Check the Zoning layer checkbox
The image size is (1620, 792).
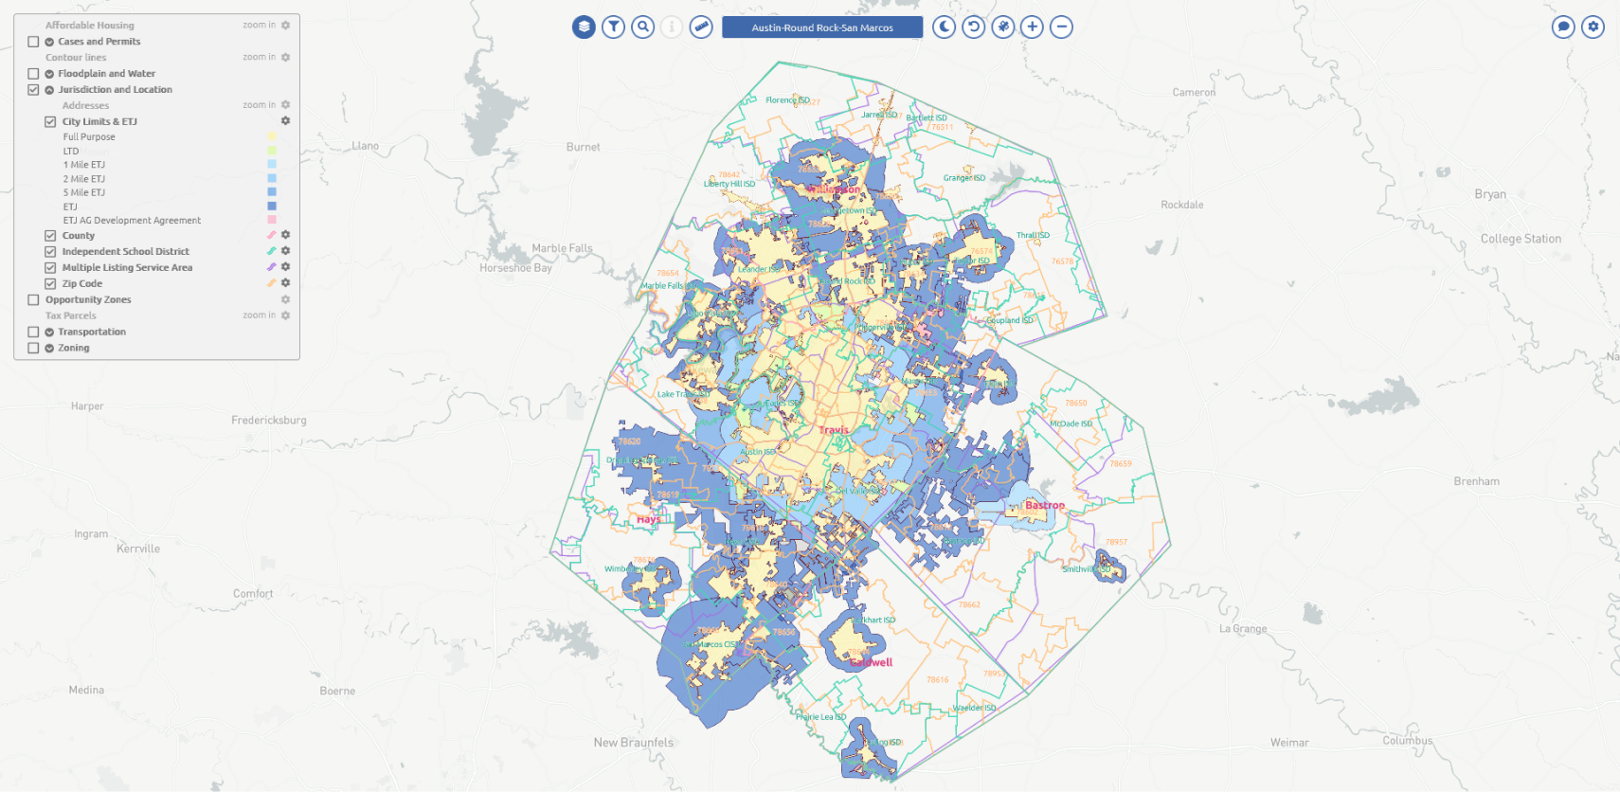[x=33, y=348]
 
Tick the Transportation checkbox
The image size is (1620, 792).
[x=33, y=332]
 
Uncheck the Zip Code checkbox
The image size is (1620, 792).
[x=50, y=283]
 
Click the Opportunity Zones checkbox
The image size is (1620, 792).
[x=33, y=299]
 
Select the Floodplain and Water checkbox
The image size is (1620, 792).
[x=33, y=73]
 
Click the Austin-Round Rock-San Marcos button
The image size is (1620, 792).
[x=821, y=27]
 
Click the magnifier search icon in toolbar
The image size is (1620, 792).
[x=643, y=27]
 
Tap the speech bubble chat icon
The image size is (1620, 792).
[x=1563, y=27]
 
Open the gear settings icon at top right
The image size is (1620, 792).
[x=1593, y=27]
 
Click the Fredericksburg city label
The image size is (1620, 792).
[x=269, y=420]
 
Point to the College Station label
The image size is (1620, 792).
[x=1521, y=239]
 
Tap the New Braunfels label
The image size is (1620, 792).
[x=633, y=743]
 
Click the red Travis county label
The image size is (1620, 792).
[x=834, y=430]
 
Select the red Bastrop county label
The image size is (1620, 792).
[x=1044, y=505]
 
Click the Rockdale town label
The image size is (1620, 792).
[x=1181, y=205]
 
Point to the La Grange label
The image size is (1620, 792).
[x=1242, y=628]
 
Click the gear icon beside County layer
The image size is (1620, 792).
[x=285, y=235]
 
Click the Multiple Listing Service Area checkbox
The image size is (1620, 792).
[x=50, y=267]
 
